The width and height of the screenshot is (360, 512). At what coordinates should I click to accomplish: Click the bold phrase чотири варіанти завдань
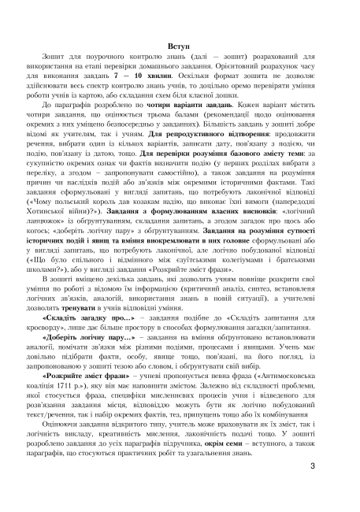[166, 104]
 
